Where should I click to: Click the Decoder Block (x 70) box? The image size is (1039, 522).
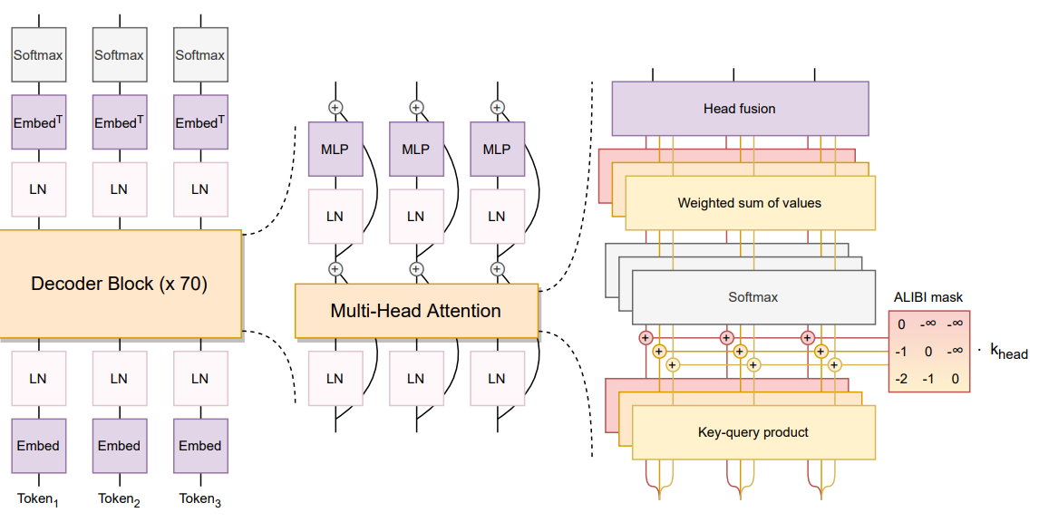click(x=120, y=284)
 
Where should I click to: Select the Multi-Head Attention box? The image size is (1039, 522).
click(x=415, y=311)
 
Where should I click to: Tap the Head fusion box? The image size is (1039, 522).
click(x=740, y=109)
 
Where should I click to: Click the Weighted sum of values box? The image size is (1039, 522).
click(x=750, y=203)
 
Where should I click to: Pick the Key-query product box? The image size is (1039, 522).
click(x=753, y=432)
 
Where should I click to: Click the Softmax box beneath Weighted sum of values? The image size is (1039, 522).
click(x=753, y=297)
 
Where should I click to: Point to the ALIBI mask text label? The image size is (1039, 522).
click(x=928, y=297)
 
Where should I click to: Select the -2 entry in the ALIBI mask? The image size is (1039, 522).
click(x=901, y=379)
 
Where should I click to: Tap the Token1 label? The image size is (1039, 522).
click(x=38, y=498)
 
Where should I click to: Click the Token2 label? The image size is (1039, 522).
click(x=119, y=498)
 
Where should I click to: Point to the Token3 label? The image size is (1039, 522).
click(x=200, y=498)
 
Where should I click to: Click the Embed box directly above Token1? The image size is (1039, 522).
click(x=38, y=446)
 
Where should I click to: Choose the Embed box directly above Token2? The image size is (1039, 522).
click(x=119, y=446)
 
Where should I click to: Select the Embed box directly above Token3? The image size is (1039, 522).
click(x=200, y=446)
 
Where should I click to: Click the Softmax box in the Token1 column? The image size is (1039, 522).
click(x=38, y=55)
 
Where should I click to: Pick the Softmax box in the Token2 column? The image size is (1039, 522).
click(x=119, y=55)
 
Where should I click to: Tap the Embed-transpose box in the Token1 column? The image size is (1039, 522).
click(x=38, y=122)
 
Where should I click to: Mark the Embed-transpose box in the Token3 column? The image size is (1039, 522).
click(x=200, y=122)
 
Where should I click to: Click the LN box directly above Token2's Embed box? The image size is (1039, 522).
click(x=119, y=379)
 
